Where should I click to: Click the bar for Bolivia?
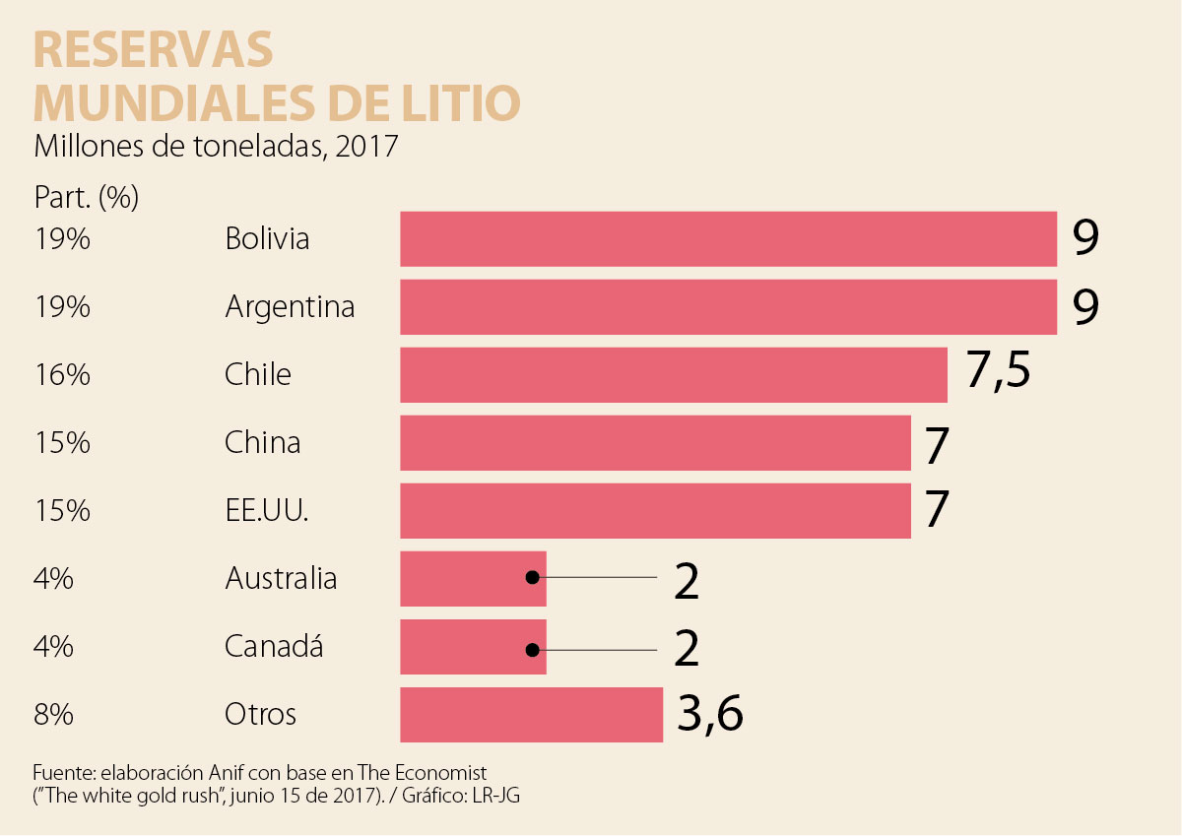(728, 239)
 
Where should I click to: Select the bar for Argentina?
(728, 307)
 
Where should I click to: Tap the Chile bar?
(673, 375)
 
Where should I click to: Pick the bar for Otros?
(531, 714)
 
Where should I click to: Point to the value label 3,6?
(709, 714)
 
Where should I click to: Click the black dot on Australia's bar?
(533, 578)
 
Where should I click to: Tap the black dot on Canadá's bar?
(533, 650)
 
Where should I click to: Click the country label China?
(262, 442)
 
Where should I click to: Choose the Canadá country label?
(274, 647)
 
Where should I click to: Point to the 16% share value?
(61, 375)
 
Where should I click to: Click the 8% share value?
(53, 714)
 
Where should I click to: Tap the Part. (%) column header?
(86, 198)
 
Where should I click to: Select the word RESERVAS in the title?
(153, 49)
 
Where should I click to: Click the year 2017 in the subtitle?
(365, 148)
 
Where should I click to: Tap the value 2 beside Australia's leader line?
(687, 582)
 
